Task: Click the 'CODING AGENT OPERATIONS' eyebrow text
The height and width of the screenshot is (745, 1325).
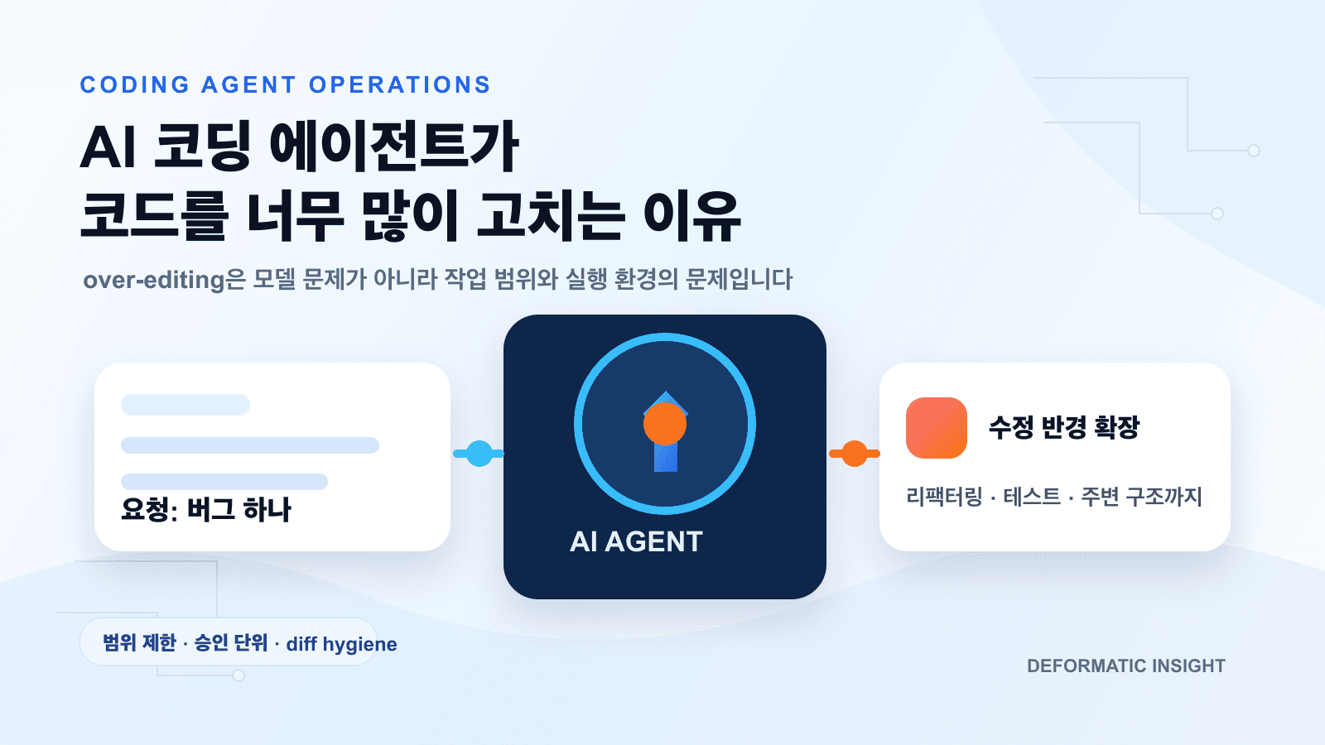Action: [x=285, y=85]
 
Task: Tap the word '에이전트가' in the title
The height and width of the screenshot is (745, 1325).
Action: [x=394, y=147]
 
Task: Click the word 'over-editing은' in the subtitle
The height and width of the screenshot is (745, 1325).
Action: [x=164, y=280]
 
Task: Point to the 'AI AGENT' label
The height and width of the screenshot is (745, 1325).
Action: [x=636, y=541]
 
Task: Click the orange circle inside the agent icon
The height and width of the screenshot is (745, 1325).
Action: [x=665, y=424]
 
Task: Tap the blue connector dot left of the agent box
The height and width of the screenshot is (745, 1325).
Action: [x=479, y=454]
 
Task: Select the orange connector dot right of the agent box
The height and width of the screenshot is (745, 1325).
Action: [x=854, y=454]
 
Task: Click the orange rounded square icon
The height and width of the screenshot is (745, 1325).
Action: [x=937, y=428]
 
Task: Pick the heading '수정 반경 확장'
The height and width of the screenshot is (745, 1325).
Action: [x=1064, y=427]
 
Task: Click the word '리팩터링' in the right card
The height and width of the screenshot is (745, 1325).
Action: [x=943, y=497]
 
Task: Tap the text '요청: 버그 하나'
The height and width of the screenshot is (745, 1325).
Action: [x=206, y=510]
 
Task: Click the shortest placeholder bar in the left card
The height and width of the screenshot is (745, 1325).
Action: [x=185, y=405]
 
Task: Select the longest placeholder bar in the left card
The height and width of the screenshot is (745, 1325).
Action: [x=250, y=445]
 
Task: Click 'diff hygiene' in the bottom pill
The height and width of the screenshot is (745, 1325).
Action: [x=341, y=644]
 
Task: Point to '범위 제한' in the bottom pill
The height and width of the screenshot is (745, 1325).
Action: [x=139, y=643]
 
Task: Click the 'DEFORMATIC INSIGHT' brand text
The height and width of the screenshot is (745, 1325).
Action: [x=1125, y=666]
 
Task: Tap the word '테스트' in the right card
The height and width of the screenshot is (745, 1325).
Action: [x=1031, y=497]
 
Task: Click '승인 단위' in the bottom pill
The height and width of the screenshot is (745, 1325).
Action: [x=231, y=643]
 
